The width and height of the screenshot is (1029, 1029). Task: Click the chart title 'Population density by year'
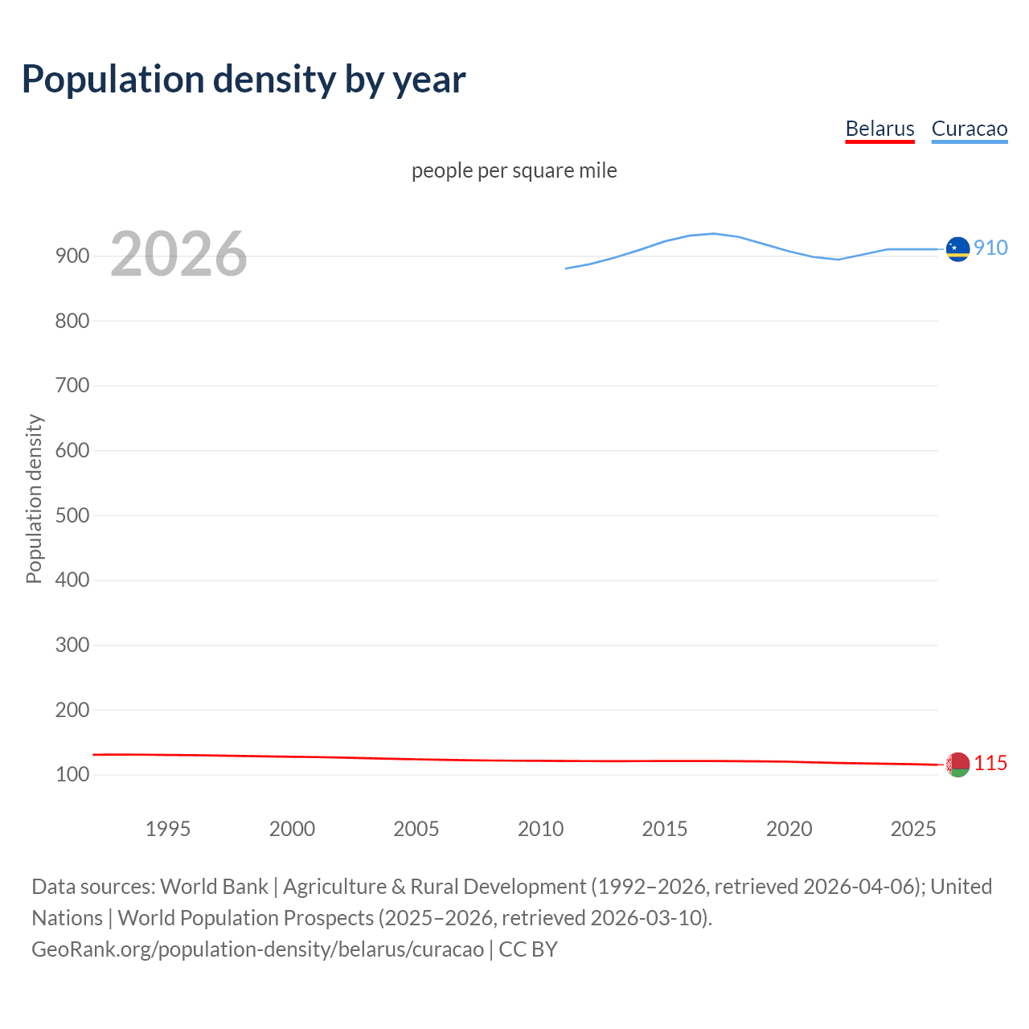pos(244,80)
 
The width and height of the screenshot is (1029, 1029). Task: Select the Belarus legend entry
pos(879,129)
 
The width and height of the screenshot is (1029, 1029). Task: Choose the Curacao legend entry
pos(969,129)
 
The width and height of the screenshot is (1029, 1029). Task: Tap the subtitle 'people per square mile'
pos(514,171)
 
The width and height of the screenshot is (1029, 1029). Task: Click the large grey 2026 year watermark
pos(178,254)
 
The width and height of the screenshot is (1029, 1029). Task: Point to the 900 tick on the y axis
pos(72,256)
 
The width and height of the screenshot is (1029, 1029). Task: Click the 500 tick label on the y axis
pos(72,515)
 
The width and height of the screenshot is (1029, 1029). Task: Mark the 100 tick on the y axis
pos(72,775)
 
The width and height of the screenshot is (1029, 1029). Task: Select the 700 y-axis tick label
pos(72,386)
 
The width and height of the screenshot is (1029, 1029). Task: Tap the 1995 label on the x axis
pos(167,829)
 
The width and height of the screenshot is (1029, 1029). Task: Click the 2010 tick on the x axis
pos(540,829)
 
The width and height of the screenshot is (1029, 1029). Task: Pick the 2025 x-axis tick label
pos(913,829)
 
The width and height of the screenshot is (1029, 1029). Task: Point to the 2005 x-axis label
pos(416,829)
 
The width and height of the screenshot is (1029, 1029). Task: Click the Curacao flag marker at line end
pos(957,249)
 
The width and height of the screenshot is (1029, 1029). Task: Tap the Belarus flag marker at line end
pos(957,765)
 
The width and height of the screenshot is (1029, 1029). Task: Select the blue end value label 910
pos(990,248)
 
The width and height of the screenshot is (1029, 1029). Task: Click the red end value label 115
pos(990,763)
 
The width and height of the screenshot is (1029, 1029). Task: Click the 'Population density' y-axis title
pos(34,498)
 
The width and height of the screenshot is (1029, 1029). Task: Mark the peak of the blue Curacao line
pos(714,233)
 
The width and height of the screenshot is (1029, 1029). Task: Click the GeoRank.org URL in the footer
pos(257,949)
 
